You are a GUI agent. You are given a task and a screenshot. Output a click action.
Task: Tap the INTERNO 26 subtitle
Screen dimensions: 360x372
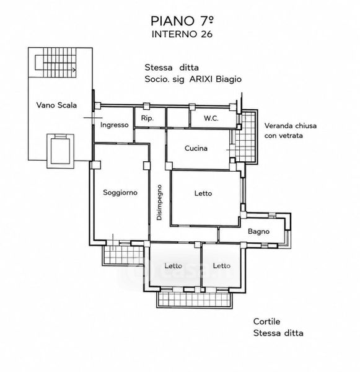pyautogui.click(x=182, y=34)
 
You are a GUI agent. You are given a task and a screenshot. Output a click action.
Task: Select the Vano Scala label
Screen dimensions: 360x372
pyautogui.click(x=56, y=105)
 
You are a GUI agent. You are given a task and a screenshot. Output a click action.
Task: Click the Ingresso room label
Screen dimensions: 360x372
pyautogui.click(x=114, y=125)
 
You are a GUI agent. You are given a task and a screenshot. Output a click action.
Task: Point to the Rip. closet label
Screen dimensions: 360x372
pyautogui.click(x=147, y=118)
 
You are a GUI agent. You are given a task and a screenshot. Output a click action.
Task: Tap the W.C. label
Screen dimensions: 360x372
pyautogui.click(x=211, y=118)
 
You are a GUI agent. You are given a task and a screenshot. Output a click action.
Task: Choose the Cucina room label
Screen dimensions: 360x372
pyautogui.click(x=196, y=148)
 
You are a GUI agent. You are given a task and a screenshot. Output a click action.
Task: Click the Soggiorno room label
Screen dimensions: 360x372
pyautogui.click(x=120, y=192)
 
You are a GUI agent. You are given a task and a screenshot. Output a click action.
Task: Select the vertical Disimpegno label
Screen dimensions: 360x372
pyautogui.click(x=159, y=202)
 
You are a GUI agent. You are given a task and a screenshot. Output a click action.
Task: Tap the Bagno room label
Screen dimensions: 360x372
pyautogui.click(x=258, y=231)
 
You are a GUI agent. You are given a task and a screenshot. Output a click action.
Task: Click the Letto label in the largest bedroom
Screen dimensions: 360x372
pyautogui.click(x=203, y=193)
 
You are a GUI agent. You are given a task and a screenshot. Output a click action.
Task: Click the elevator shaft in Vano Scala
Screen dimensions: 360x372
pyautogui.click(x=60, y=151)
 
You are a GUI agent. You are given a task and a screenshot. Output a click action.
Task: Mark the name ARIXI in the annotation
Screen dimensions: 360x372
pyautogui.click(x=201, y=79)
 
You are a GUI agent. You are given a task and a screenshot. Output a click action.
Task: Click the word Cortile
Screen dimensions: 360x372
pyautogui.click(x=266, y=322)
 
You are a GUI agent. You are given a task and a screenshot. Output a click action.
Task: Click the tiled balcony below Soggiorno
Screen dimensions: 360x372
pyautogui.click(x=123, y=255)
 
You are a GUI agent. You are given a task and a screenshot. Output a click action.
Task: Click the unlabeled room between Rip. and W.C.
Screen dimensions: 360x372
pyautogui.click(x=178, y=117)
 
